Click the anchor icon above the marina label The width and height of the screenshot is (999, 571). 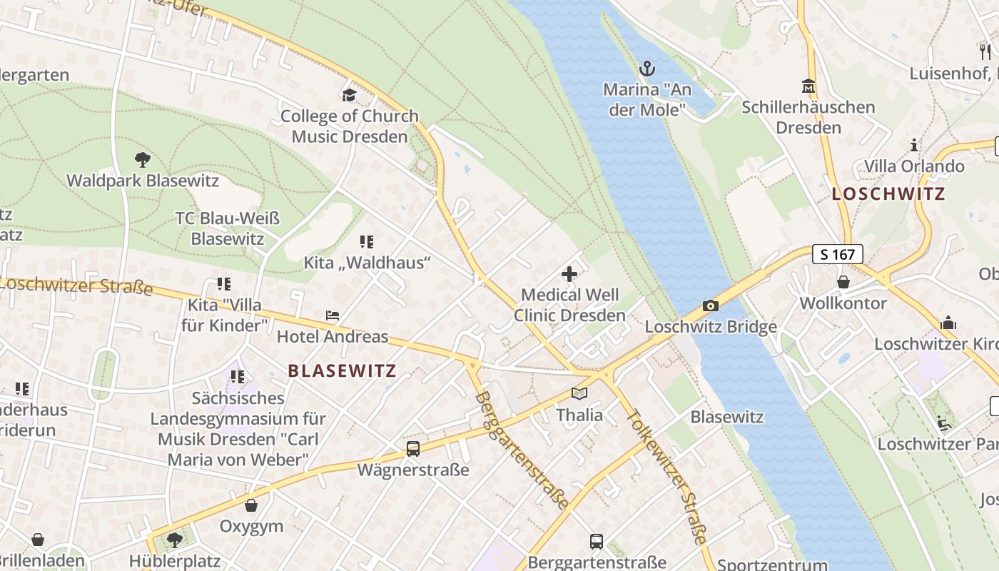646,69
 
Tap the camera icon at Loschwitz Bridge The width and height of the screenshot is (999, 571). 711,305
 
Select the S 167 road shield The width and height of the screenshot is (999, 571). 837,253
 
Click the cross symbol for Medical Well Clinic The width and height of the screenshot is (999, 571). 569,273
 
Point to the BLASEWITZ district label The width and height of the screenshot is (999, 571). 342,370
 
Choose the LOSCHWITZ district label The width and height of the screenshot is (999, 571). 888,193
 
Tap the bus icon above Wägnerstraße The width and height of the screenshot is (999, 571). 413,448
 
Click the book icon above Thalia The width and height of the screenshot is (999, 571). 579,393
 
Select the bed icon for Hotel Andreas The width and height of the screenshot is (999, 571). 333,315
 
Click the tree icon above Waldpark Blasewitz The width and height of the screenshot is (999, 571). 143,159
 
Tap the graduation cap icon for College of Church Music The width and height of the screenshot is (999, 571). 349,95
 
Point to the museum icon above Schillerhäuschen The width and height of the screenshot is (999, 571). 808,86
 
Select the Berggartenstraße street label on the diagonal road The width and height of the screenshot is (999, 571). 522,450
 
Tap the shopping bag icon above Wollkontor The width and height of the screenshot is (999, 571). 843,282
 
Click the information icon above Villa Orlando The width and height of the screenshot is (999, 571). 914,146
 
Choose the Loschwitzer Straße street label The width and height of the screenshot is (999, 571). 77,285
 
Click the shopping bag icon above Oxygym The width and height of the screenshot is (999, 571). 251,505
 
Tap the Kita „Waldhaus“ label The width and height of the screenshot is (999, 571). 367,263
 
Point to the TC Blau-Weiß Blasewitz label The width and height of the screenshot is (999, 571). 228,228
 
